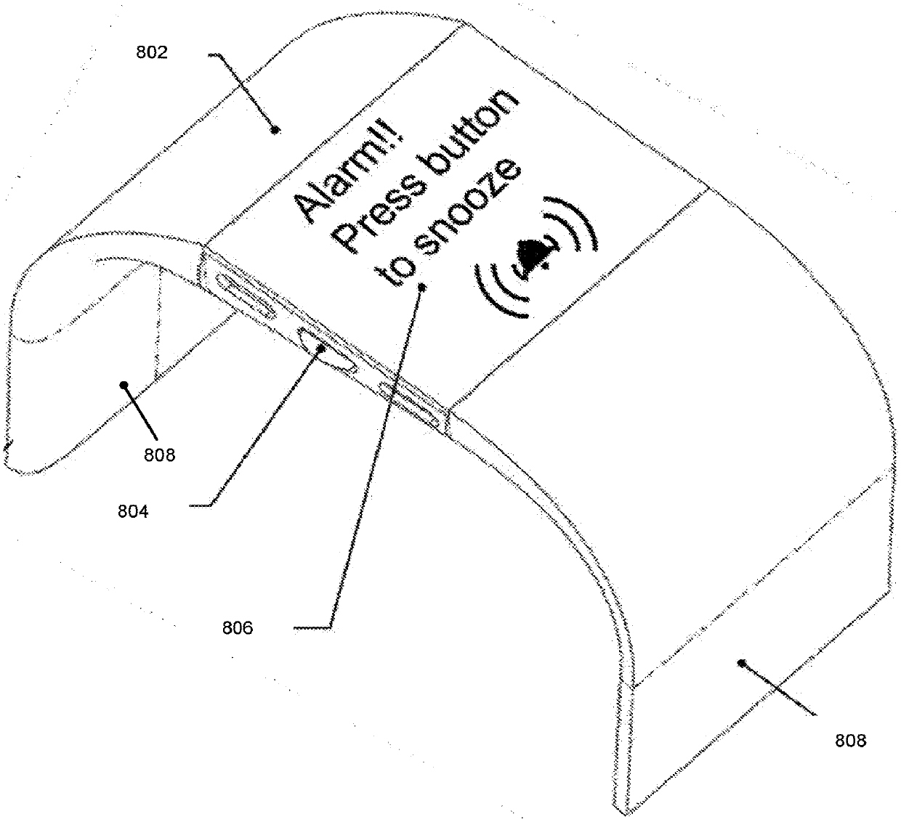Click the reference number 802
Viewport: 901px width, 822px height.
tap(152, 52)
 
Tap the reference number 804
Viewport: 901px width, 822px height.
tap(134, 510)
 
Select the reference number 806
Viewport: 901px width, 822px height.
tap(238, 627)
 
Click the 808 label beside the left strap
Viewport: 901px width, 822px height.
tap(159, 455)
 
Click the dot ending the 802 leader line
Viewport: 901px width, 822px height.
tap(275, 130)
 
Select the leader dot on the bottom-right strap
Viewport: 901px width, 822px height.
tap(741, 662)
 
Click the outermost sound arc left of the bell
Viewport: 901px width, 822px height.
tap(488, 290)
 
